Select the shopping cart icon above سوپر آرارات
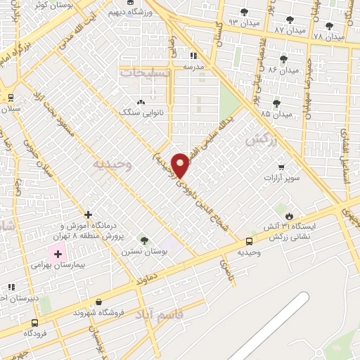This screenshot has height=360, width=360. pos(281,168)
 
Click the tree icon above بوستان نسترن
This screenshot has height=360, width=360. pos(145,240)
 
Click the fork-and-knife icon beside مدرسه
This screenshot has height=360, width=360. pos(193,55)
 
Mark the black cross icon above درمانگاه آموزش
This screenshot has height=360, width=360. pos(88,214)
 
